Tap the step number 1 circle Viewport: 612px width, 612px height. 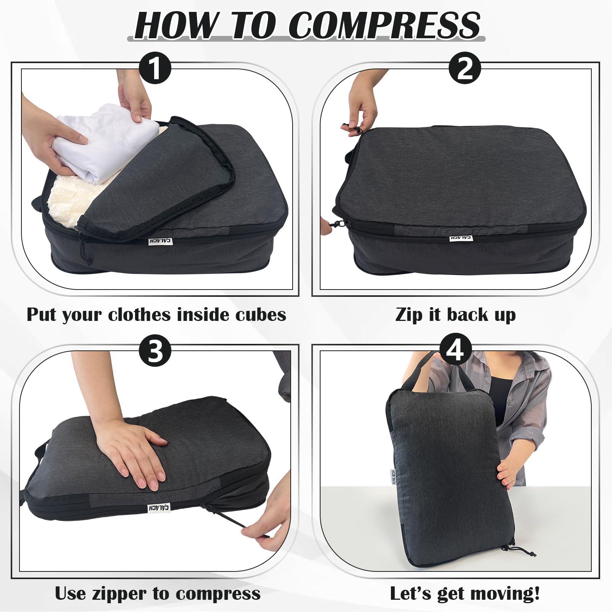tap(155, 69)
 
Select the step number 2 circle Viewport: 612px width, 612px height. tap(465, 69)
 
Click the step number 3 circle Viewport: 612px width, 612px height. tap(155, 350)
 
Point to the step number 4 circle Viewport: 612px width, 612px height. tap(455, 349)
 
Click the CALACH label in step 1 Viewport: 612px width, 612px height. tap(160, 241)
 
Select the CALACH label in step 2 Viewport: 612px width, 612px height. tap(461, 238)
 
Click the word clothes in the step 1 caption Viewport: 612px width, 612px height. tap(139, 315)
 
